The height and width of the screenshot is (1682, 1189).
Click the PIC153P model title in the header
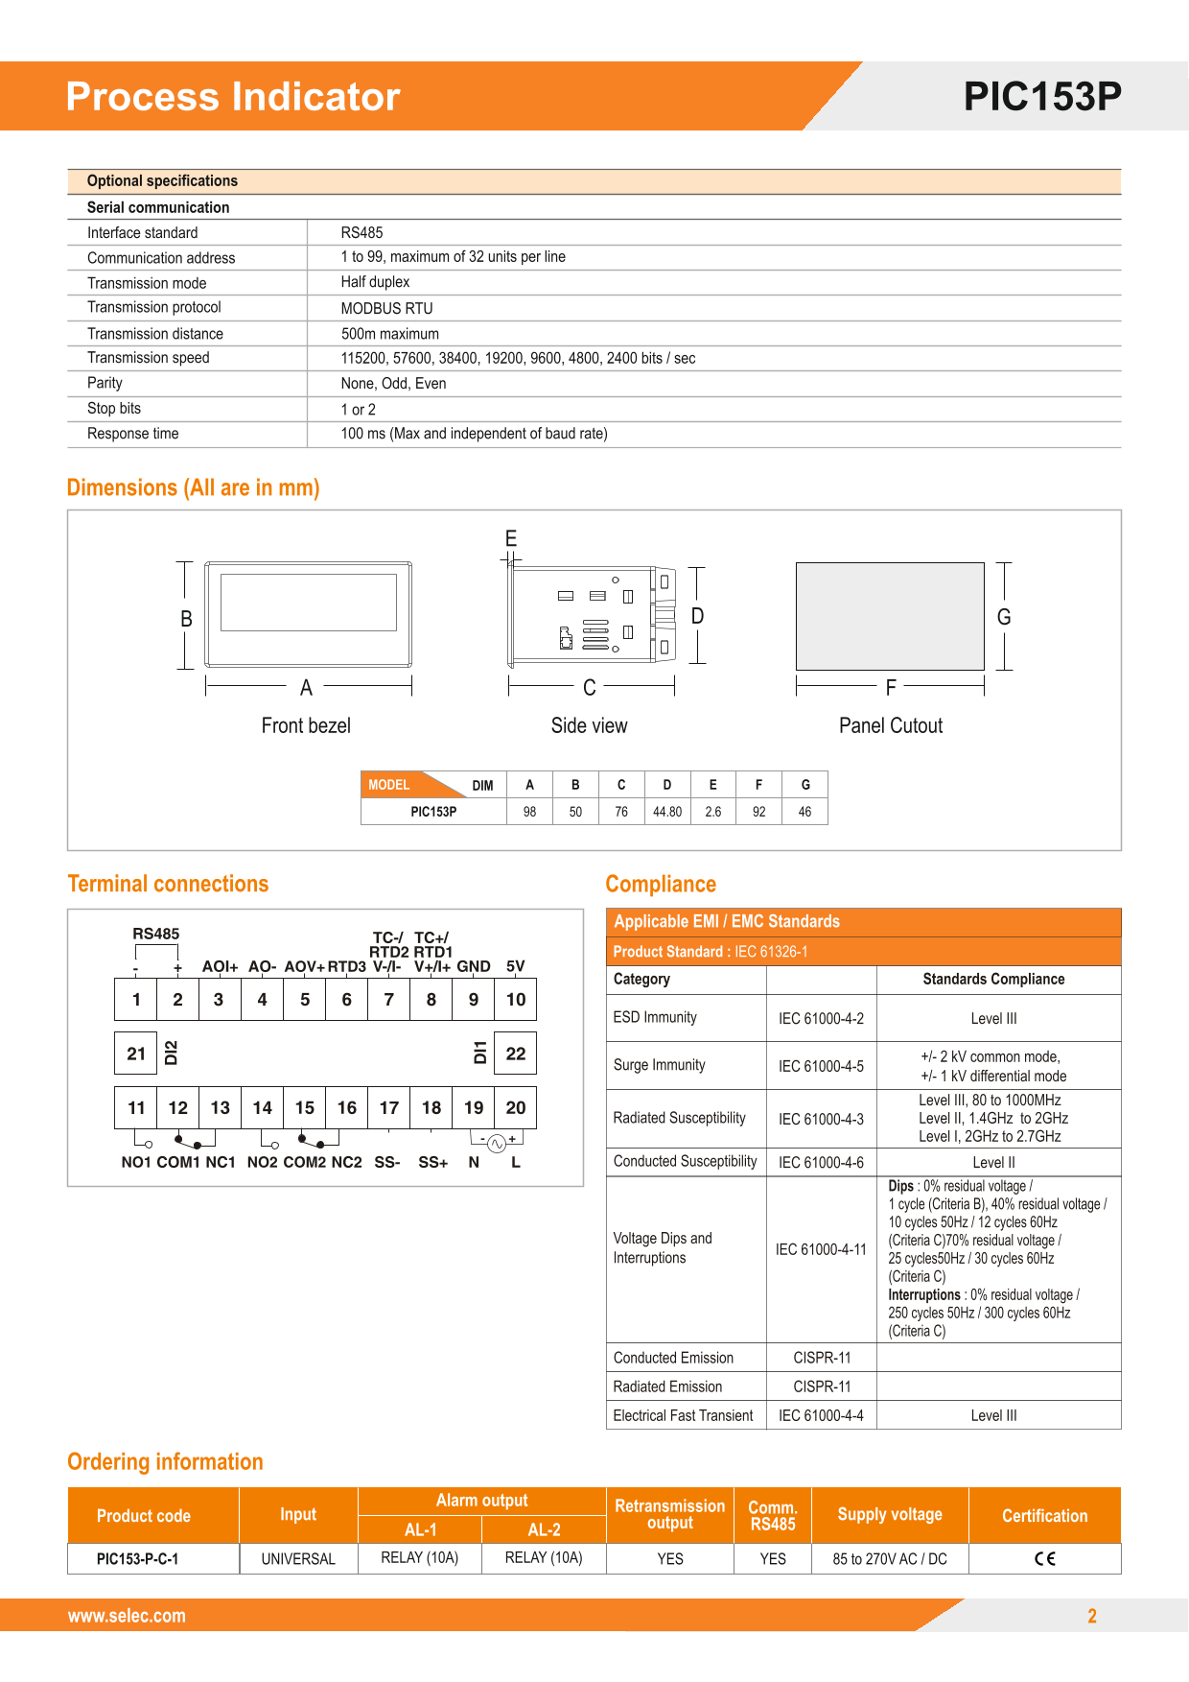pyautogui.click(x=1042, y=96)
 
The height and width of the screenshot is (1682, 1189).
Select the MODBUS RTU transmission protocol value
pyautogui.click(x=386, y=308)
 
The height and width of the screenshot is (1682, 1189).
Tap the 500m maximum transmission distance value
pyautogui.click(x=389, y=334)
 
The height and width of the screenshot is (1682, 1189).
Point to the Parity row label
pyautogui.click(x=105, y=383)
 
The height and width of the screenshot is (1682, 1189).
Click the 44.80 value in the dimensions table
pyautogui.click(x=667, y=812)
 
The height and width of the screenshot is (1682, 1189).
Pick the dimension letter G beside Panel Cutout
pyautogui.click(x=1004, y=617)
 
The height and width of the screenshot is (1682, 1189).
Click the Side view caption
pyautogui.click(x=589, y=725)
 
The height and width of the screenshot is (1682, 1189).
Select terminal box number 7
pyautogui.click(x=388, y=1000)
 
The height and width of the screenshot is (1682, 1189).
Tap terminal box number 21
pyautogui.click(x=136, y=1054)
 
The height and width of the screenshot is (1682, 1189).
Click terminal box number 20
pyautogui.click(x=516, y=1107)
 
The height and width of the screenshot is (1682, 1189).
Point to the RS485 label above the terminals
pyautogui.click(x=155, y=934)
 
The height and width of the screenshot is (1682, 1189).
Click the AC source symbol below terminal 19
pyautogui.click(x=497, y=1143)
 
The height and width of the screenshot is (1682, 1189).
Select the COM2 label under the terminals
pyautogui.click(x=304, y=1162)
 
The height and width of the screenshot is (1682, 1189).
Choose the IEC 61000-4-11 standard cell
pyautogui.click(x=821, y=1249)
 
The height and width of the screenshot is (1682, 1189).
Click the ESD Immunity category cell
pyautogui.click(x=655, y=1017)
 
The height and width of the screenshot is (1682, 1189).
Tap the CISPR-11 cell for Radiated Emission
pyautogui.click(x=822, y=1386)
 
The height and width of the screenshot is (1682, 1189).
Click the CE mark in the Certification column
pyautogui.click(x=1044, y=1558)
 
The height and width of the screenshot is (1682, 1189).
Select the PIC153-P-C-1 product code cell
pyautogui.click(x=137, y=1559)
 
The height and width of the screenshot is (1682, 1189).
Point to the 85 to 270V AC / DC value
pyautogui.click(x=889, y=1559)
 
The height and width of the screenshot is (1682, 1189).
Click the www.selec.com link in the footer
pyautogui.click(x=127, y=1616)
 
